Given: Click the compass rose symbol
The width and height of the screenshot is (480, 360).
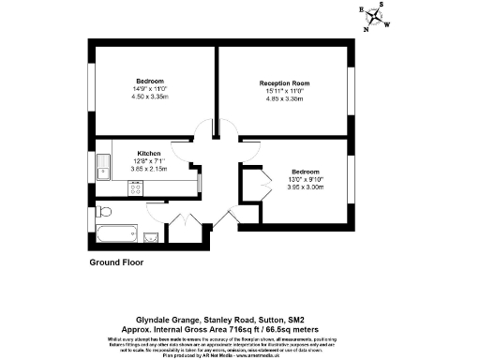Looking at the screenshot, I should pos(375,17).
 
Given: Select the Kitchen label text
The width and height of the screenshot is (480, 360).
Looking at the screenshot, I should pos(149,153).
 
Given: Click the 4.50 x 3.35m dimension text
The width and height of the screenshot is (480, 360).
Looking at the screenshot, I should pos(149,95).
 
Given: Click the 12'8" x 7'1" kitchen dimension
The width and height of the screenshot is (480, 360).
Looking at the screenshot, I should pos(149,160).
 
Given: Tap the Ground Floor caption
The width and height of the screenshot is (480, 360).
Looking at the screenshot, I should pos(116,263).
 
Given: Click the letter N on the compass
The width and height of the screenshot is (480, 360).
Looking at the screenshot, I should pos(367,28).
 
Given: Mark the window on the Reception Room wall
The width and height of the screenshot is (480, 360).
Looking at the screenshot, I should pos(354,95).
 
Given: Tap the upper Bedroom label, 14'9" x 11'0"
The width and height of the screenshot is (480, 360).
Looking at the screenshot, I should pos(149,80).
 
